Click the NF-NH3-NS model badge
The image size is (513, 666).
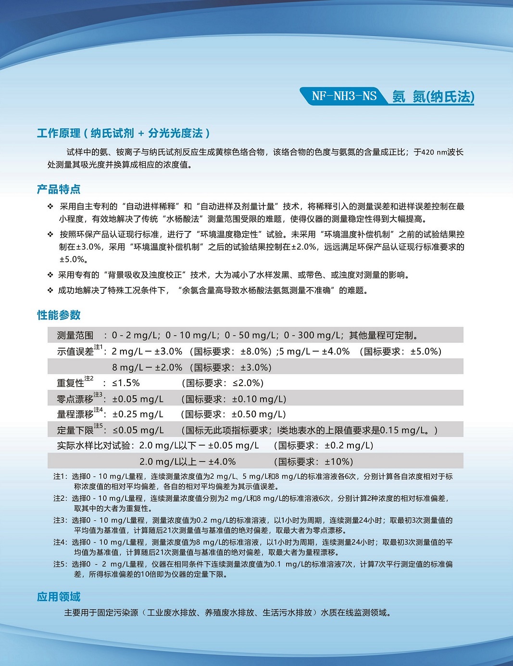coord(344,96)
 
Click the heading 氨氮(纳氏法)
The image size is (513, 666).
coord(433,97)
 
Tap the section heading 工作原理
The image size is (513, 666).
coord(59,133)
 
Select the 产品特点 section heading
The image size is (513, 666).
coord(59,189)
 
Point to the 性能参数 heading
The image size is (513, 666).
coord(59,315)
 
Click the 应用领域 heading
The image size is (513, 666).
coord(59,597)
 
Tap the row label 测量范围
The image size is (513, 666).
coord(75,335)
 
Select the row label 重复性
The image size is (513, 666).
coord(71,383)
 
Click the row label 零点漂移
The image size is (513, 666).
coord(75,399)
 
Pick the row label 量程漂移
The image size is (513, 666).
coord(75,415)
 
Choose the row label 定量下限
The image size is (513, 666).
coord(75,430)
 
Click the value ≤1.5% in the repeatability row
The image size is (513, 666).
coord(126,383)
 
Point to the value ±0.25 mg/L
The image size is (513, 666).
coord(138,415)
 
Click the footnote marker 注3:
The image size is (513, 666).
coord(60,520)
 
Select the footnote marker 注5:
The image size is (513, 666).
coord(60,564)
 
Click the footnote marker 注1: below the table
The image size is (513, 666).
coord(60,477)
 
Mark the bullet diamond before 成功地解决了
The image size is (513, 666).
coord(50,290)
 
